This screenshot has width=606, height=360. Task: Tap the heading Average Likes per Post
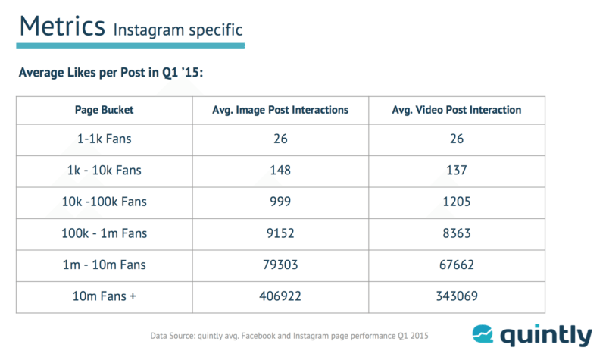pyautogui.click(x=108, y=74)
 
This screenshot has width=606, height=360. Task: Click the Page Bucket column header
pyautogui.click(x=105, y=110)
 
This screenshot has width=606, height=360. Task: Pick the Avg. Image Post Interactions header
pyautogui.click(x=280, y=110)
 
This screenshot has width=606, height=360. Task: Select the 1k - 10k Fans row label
pyautogui.click(x=105, y=170)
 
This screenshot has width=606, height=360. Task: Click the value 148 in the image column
pyautogui.click(x=280, y=170)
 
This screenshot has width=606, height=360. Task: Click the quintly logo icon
pyautogui.click(x=486, y=334)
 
